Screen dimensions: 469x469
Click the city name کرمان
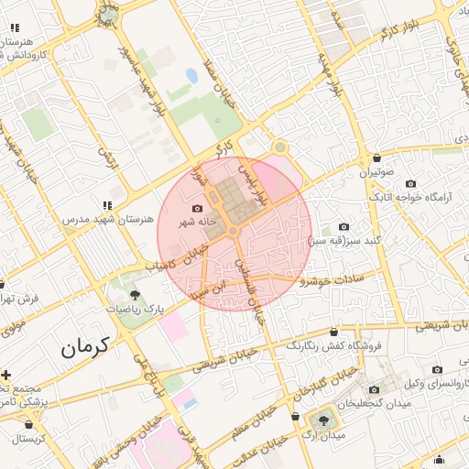pyautogui.click(x=85, y=347)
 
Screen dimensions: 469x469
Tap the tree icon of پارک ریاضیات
pyautogui.click(x=135, y=295)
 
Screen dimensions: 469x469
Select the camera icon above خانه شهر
pyautogui.click(x=197, y=209)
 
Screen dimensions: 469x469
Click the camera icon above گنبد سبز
pyautogui.click(x=344, y=226)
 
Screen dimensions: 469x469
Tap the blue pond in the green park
pyautogui.click(x=191, y=75)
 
